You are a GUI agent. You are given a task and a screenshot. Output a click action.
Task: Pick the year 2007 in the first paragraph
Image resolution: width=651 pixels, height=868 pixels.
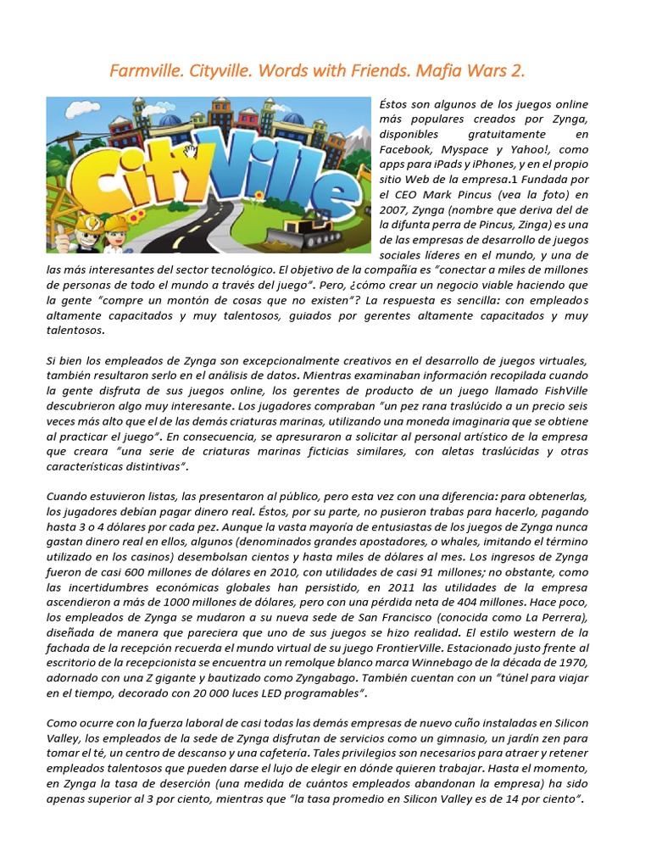coord(393,210)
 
